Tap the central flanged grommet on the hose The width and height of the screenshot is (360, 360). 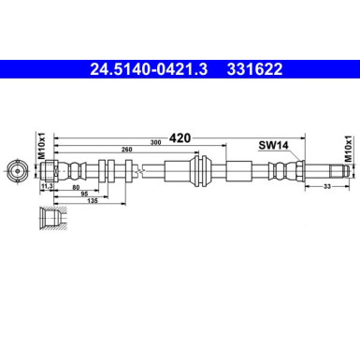pos(199,172)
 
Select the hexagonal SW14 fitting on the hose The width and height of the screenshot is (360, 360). pos(277,172)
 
